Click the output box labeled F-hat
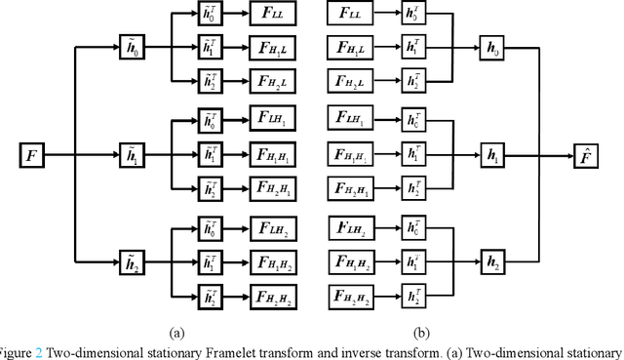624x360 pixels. click(x=591, y=154)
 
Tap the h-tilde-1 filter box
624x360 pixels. click(x=131, y=154)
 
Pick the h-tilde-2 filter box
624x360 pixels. click(x=131, y=260)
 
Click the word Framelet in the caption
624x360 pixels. click(x=201, y=351)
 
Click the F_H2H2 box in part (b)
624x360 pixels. click(x=354, y=295)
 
